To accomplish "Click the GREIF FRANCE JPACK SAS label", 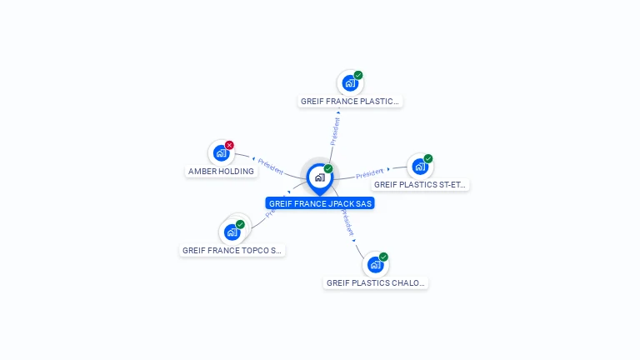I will [320, 203].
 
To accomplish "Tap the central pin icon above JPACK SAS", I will [319, 177].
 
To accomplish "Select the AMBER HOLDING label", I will [221, 172].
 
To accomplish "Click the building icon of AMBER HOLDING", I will [221, 153].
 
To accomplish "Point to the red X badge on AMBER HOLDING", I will [230, 145].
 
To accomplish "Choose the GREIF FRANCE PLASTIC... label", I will [350, 102].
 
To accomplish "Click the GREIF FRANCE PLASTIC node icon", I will [350, 83].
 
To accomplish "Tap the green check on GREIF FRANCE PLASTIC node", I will [358, 75].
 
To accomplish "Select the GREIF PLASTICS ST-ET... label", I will [420, 185].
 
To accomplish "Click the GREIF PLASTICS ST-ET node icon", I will [420, 167].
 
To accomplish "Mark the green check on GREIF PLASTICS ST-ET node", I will [428, 158].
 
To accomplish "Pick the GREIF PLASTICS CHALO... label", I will [376, 283].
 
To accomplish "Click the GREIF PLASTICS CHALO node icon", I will [376, 265].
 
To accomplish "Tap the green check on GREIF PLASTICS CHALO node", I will [384, 257].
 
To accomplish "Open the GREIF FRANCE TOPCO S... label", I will [232, 250].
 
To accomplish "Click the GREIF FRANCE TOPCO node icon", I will [232, 232].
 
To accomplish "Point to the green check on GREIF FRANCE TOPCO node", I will [240, 224].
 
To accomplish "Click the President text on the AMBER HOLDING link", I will [271, 165].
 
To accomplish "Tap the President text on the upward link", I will [335, 131].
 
